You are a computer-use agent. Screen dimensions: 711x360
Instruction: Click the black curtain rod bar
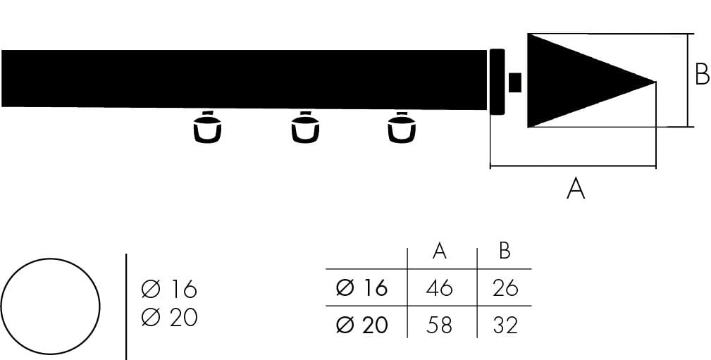(x=244, y=79)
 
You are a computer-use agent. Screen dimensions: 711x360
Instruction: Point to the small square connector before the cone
(x=514, y=82)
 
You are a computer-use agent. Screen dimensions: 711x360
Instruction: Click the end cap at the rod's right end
(x=497, y=82)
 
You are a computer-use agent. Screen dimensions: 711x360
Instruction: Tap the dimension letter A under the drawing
(x=576, y=188)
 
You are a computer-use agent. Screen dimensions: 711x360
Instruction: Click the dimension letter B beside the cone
(x=702, y=75)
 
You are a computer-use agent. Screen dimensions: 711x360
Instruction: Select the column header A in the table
(x=440, y=251)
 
